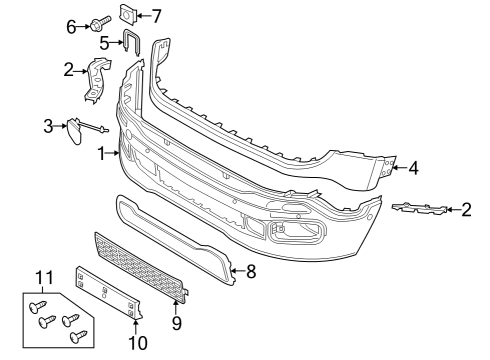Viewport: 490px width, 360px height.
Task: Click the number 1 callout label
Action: point(101,154)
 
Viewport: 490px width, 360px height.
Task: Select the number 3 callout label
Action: point(47,126)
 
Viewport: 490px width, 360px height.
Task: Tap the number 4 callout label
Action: point(414,168)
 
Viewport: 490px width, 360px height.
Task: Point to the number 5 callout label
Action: point(104,44)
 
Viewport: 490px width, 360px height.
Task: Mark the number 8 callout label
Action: point(251,270)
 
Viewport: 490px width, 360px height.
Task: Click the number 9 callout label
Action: point(177,324)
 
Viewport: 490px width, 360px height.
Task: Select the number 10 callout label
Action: point(137,343)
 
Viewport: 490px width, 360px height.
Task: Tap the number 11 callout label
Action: point(42,276)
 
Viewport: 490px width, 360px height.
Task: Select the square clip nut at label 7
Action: point(129,14)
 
